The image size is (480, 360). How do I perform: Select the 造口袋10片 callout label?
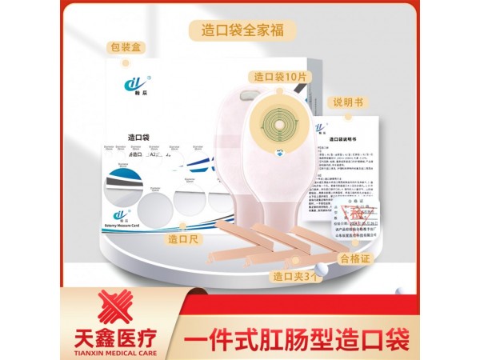280,76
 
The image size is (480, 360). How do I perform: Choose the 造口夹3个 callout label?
296,276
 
